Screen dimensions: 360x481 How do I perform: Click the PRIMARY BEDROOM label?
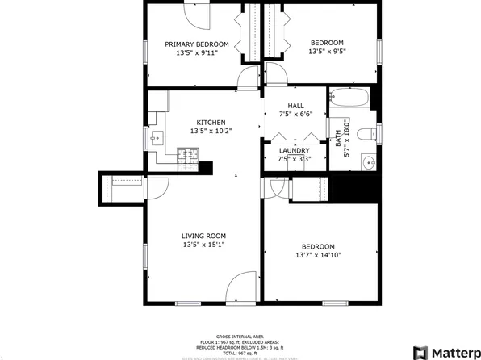[x=197, y=44]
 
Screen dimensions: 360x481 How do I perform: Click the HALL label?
[x=295, y=106]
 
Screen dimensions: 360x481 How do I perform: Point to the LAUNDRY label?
[x=294, y=151]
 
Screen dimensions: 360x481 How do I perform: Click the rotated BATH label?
[x=338, y=138]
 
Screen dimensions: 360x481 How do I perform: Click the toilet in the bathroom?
[x=366, y=132]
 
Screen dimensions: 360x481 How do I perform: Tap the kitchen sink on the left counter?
[x=156, y=139]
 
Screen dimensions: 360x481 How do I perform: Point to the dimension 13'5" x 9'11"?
[x=197, y=53]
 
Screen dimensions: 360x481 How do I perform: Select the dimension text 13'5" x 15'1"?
[x=203, y=245]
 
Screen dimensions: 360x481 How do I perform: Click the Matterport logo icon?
[x=419, y=352]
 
